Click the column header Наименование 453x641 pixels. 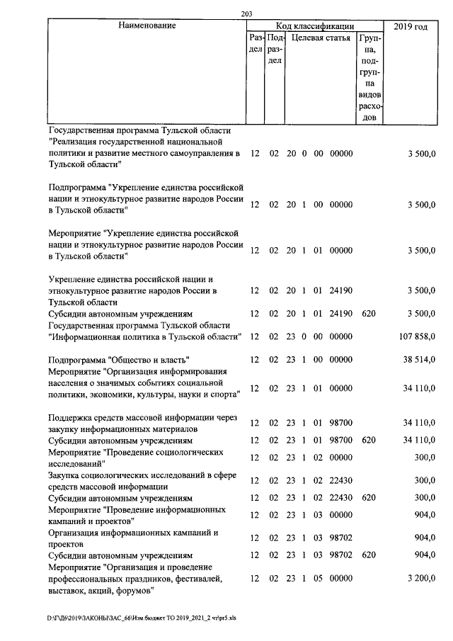[x=147, y=26]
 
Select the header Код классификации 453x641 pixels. [x=315, y=26]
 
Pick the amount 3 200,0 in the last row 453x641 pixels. [x=421, y=579]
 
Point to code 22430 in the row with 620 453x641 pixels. [x=341, y=498]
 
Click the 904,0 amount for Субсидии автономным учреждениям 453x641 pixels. [x=423, y=555]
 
